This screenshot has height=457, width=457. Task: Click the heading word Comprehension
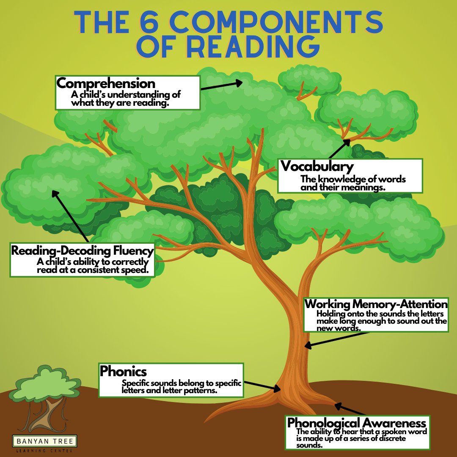pos(106,83)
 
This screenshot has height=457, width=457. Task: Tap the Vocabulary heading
pos(317,166)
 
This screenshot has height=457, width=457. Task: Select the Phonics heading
pos(123,372)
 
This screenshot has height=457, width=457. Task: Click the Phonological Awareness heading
pos(356,423)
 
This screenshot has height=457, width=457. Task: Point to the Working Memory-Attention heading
pos(376,304)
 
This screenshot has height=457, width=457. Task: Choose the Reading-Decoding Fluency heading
pos(82,251)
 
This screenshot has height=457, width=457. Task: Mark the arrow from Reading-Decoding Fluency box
pos(70,216)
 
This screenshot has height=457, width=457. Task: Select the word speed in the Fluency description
pos(138,270)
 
